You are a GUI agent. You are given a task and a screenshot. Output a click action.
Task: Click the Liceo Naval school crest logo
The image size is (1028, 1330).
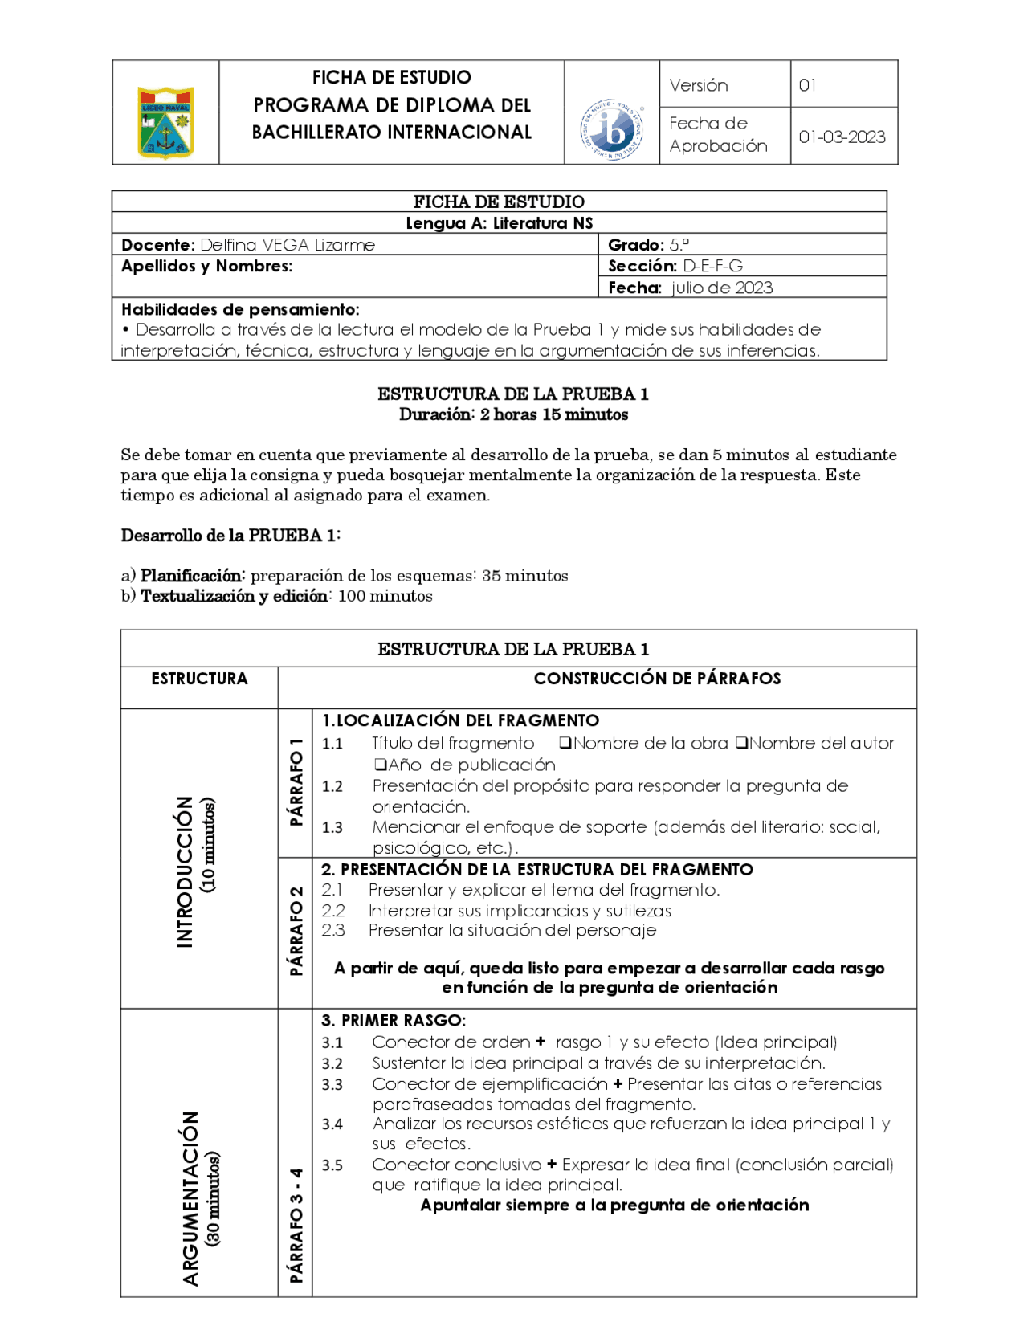[x=165, y=122]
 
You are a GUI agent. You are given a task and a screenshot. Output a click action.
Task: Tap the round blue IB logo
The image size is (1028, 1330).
[x=612, y=129]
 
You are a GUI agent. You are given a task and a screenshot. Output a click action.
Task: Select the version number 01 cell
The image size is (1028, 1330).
[x=808, y=85]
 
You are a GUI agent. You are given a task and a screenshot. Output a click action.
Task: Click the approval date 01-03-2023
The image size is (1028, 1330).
[x=842, y=137]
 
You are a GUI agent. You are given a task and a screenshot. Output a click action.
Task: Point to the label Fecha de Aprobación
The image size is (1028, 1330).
[x=718, y=134]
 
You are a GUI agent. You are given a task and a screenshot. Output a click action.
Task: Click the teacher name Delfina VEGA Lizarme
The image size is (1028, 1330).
[x=287, y=245]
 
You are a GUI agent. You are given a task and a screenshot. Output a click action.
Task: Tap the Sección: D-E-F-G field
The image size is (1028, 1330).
[x=675, y=266]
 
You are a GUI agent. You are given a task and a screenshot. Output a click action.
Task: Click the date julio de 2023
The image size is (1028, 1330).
[x=721, y=288]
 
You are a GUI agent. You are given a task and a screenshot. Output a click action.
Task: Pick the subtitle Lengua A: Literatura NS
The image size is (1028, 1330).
[x=499, y=223]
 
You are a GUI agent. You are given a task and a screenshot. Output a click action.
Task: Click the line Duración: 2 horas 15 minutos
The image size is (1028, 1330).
[x=513, y=414]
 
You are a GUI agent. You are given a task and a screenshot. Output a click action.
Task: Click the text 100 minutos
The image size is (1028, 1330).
[x=385, y=596]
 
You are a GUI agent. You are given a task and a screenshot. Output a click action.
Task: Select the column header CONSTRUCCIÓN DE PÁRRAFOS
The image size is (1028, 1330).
[x=657, y=679]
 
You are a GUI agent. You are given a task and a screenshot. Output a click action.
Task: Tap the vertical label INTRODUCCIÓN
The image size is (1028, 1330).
[x=186, y=871]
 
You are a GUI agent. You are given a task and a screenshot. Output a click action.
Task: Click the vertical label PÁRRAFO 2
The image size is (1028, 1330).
[x=296, y=931]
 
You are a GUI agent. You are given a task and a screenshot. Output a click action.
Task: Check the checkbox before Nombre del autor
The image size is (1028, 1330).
[x=741, y=744]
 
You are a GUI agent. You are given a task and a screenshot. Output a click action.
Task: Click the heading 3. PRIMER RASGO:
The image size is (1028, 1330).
[x=393, y=1021]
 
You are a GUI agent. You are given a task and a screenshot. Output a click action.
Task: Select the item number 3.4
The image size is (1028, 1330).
[x=332, y=1124]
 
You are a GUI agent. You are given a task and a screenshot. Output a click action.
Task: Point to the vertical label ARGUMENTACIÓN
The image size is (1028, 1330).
[x=190, y=1198]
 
